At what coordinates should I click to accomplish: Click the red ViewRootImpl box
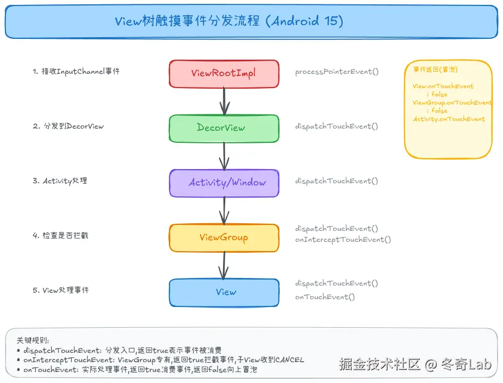pos(224,73)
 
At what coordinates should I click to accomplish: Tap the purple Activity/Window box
pos(224,183)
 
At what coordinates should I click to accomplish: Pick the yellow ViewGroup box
pos(224,237)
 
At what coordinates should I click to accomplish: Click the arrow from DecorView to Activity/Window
pos(224,156)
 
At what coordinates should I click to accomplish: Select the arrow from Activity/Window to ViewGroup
pos(224,211)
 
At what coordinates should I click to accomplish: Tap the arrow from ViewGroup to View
pos(224,265)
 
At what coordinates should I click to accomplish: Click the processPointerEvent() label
pos(337,72)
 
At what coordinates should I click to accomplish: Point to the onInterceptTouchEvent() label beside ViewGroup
pos(343,240)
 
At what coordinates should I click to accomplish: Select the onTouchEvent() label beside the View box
pos(325,297)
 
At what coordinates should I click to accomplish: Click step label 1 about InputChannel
pos(76,72)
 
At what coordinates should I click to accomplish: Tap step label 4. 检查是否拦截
pos(60,236)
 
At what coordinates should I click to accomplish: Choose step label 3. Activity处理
pos(60,181)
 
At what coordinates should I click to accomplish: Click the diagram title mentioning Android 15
pos(229,21)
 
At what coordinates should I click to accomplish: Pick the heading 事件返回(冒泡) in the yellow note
pos(435,69)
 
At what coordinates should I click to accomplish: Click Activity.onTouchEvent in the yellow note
pos(449,119)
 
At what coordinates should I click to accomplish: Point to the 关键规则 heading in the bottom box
pos(33,340)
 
